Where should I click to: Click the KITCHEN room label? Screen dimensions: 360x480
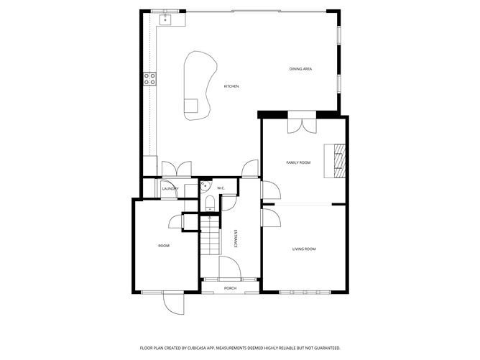(231, 86)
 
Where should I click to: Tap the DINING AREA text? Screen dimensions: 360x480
(300, 69)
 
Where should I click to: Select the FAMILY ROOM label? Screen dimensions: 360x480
(298, 163)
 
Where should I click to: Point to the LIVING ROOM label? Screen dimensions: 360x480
(304, 249)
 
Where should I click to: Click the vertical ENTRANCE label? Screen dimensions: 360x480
(235, 239)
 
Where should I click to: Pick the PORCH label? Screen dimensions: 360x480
(230, 288)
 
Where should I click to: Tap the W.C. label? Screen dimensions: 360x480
(221, 189)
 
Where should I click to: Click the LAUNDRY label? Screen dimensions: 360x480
(170, 189)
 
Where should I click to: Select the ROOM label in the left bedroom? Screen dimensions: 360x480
(164, 246)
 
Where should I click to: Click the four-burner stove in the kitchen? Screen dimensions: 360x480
(150, 79)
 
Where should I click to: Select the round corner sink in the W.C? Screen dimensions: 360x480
(205, 185)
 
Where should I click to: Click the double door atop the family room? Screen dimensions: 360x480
(302, 124)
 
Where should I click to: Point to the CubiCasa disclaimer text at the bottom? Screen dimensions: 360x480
(240, 347)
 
